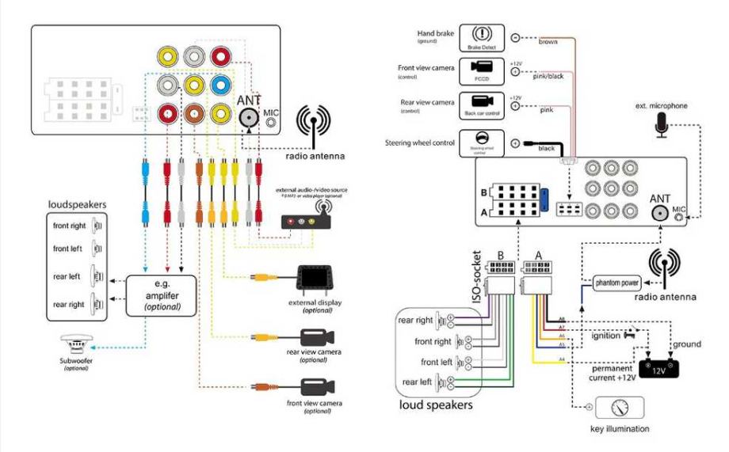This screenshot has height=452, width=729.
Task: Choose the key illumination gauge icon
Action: click(x=619, y=408)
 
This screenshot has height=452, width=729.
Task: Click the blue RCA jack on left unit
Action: click(x=221, y=85)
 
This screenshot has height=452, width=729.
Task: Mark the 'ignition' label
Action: click(x=606, y=336)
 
